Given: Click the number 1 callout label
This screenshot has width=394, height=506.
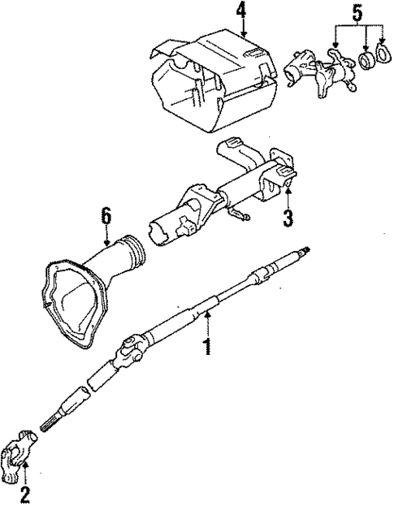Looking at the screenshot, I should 207,348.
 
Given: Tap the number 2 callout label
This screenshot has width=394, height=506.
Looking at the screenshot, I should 24,492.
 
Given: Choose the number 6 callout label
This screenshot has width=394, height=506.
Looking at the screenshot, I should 106,216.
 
